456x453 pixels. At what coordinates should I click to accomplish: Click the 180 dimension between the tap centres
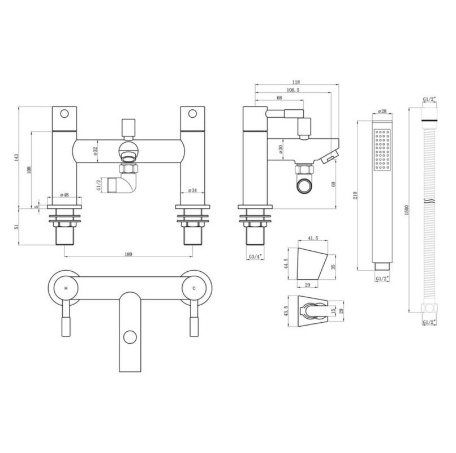point(128,254)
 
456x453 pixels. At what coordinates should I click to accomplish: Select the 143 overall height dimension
point(16,157)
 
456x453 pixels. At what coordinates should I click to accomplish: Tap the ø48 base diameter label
point(64,194)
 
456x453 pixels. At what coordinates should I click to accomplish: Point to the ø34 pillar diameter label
point(192,190)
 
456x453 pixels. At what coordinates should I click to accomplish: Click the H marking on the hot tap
point(66,288)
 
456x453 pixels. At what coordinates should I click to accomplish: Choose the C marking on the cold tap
point(194,288)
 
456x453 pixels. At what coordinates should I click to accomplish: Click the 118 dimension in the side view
point(296,82)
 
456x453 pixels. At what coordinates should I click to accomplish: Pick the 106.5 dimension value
point(293,90)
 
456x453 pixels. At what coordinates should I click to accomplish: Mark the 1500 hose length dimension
point(407,210)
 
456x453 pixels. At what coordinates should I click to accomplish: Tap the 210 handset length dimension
point(355,195)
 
